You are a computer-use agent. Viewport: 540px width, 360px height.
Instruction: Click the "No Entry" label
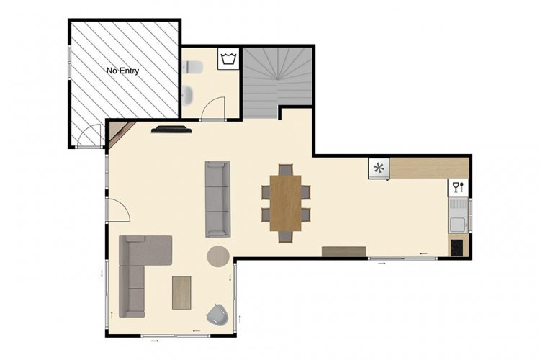(x=122, y=71)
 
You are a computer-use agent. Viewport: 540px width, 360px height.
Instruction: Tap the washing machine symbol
(x=228, y=58)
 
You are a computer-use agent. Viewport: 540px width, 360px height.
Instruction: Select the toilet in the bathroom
(x=193, y=67)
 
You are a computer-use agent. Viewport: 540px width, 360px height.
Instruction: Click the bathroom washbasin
(x=188, y=96)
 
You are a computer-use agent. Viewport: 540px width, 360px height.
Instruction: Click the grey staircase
(x=278, y=83)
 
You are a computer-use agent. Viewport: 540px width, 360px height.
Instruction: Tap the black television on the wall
(x=171, y=130)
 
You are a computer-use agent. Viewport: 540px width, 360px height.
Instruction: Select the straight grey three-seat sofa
(x=217, y=199)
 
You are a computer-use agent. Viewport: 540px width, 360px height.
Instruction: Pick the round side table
(x=218, y=256)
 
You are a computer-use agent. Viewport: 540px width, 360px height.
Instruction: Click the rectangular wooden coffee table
(x=181, y=293)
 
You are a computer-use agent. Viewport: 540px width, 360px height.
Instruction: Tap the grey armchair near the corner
(x=217, y=315)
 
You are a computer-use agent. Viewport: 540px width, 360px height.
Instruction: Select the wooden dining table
(x=286, y=203)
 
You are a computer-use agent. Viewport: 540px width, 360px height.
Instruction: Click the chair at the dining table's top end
(x=286, y=169)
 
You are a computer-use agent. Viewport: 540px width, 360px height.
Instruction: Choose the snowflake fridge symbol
(x=379, y=168)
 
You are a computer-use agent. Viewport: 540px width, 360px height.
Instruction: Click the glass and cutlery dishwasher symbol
(x=459, y=187)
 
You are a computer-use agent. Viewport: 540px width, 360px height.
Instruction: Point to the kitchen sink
(x=459, y=215)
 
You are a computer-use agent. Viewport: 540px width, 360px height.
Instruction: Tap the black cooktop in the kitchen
(x=457, y=248)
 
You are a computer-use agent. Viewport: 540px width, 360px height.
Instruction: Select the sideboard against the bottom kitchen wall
(x=343, y=251)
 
